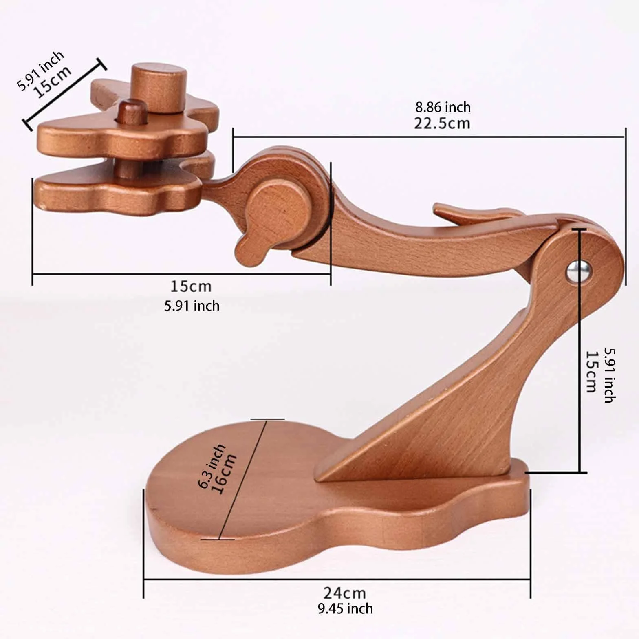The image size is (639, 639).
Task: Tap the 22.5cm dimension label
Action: (x=442, y=123)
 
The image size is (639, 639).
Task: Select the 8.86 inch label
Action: (x=443, y=107)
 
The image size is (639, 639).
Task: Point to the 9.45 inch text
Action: (x=345, y=609)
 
